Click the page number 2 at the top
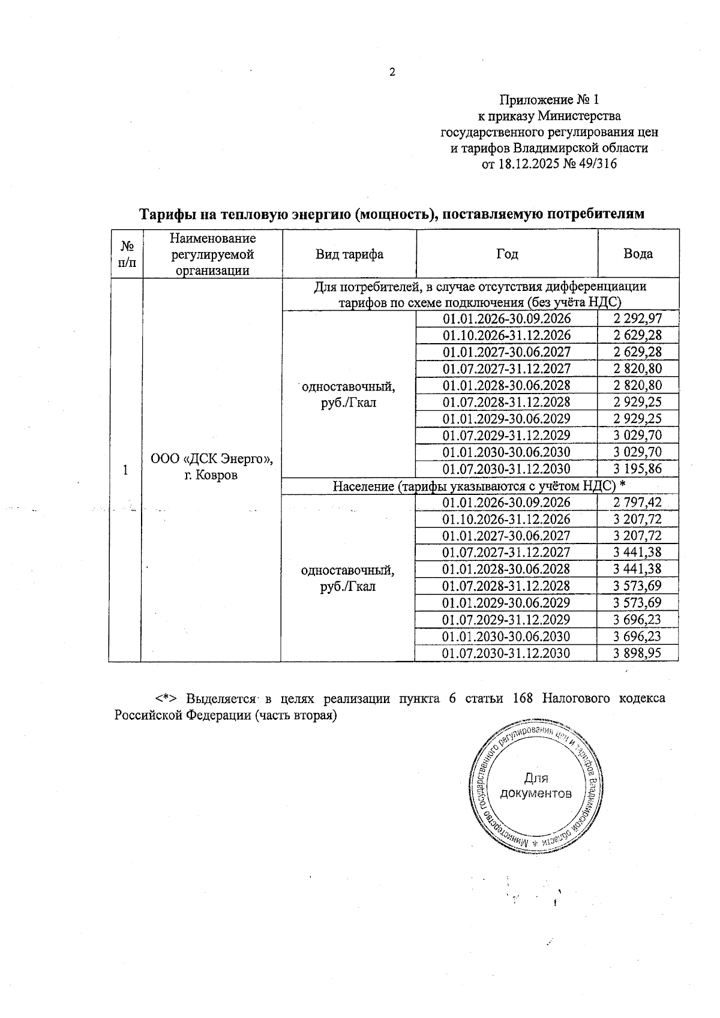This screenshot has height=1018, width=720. pos(392,73)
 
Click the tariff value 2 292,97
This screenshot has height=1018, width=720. pos(638,319)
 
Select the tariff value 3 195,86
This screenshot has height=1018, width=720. pos(638,469)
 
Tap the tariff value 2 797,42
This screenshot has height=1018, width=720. pos(637,502)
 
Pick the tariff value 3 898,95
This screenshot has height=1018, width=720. pos(637,653)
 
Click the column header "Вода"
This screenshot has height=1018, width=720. pos(638,254)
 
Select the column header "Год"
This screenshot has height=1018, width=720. pos(507,254)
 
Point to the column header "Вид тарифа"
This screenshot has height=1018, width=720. pos(350,254)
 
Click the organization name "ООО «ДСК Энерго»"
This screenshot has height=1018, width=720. pos(212,459)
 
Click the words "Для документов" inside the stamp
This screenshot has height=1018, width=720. pos(536,786)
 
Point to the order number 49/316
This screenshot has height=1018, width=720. pos(598,163)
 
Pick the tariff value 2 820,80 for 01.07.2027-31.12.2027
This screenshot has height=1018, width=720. pos(638,368)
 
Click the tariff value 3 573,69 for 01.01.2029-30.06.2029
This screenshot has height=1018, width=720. pos(637,602)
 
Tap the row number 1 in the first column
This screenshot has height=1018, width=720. pos(125,470)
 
